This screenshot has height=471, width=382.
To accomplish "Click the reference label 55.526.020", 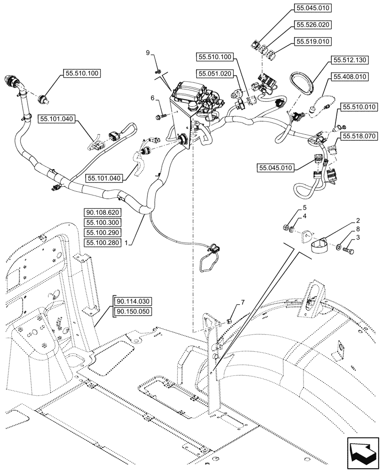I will [x=313, y=25].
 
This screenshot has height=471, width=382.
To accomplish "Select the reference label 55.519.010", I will [x=313, y=42].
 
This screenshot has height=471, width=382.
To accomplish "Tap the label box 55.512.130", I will [x=350, y=60].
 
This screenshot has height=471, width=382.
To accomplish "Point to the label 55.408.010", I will [x=350, y=76].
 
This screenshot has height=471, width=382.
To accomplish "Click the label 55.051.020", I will [x=215, y=74].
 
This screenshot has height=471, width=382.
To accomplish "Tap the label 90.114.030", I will [x=131, y=301].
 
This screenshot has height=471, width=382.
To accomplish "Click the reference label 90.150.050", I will [x=131, y=312].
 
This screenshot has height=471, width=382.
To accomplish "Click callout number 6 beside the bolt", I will [x=152, y=97].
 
